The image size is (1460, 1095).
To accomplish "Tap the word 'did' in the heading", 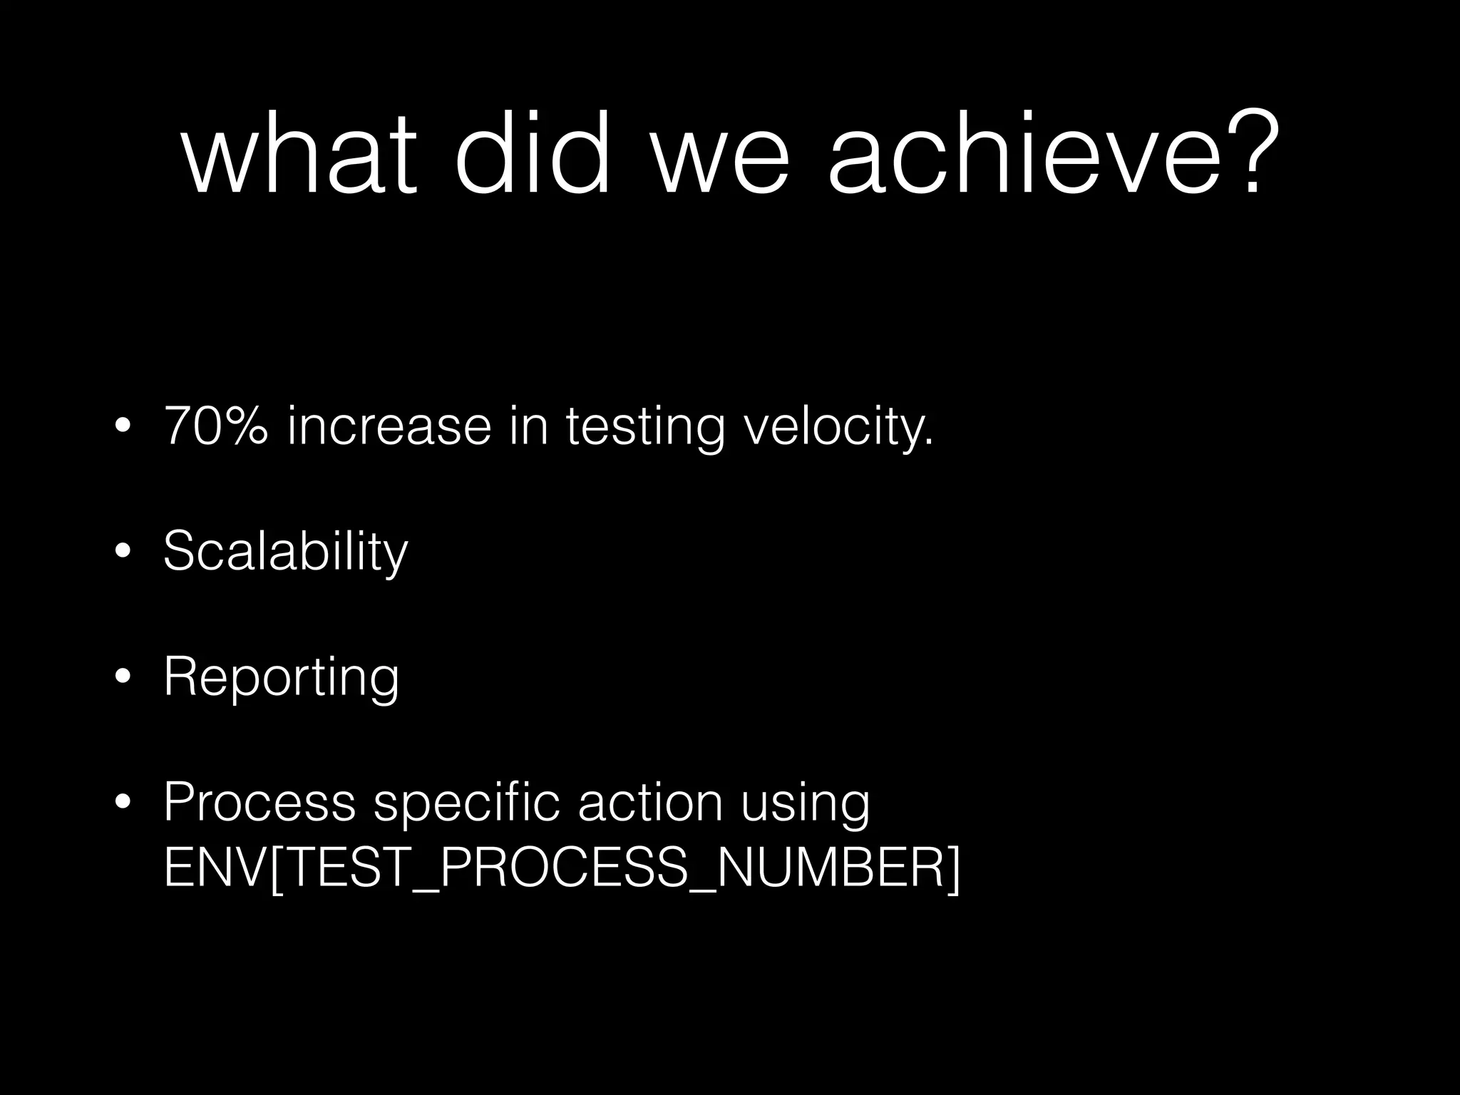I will (533, 153).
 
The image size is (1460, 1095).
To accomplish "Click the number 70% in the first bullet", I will (216, 426).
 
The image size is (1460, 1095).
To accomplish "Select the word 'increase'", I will (389, 426).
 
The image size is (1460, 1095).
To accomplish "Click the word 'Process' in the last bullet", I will (259, 802).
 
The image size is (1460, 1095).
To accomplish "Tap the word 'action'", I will (650, 802).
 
